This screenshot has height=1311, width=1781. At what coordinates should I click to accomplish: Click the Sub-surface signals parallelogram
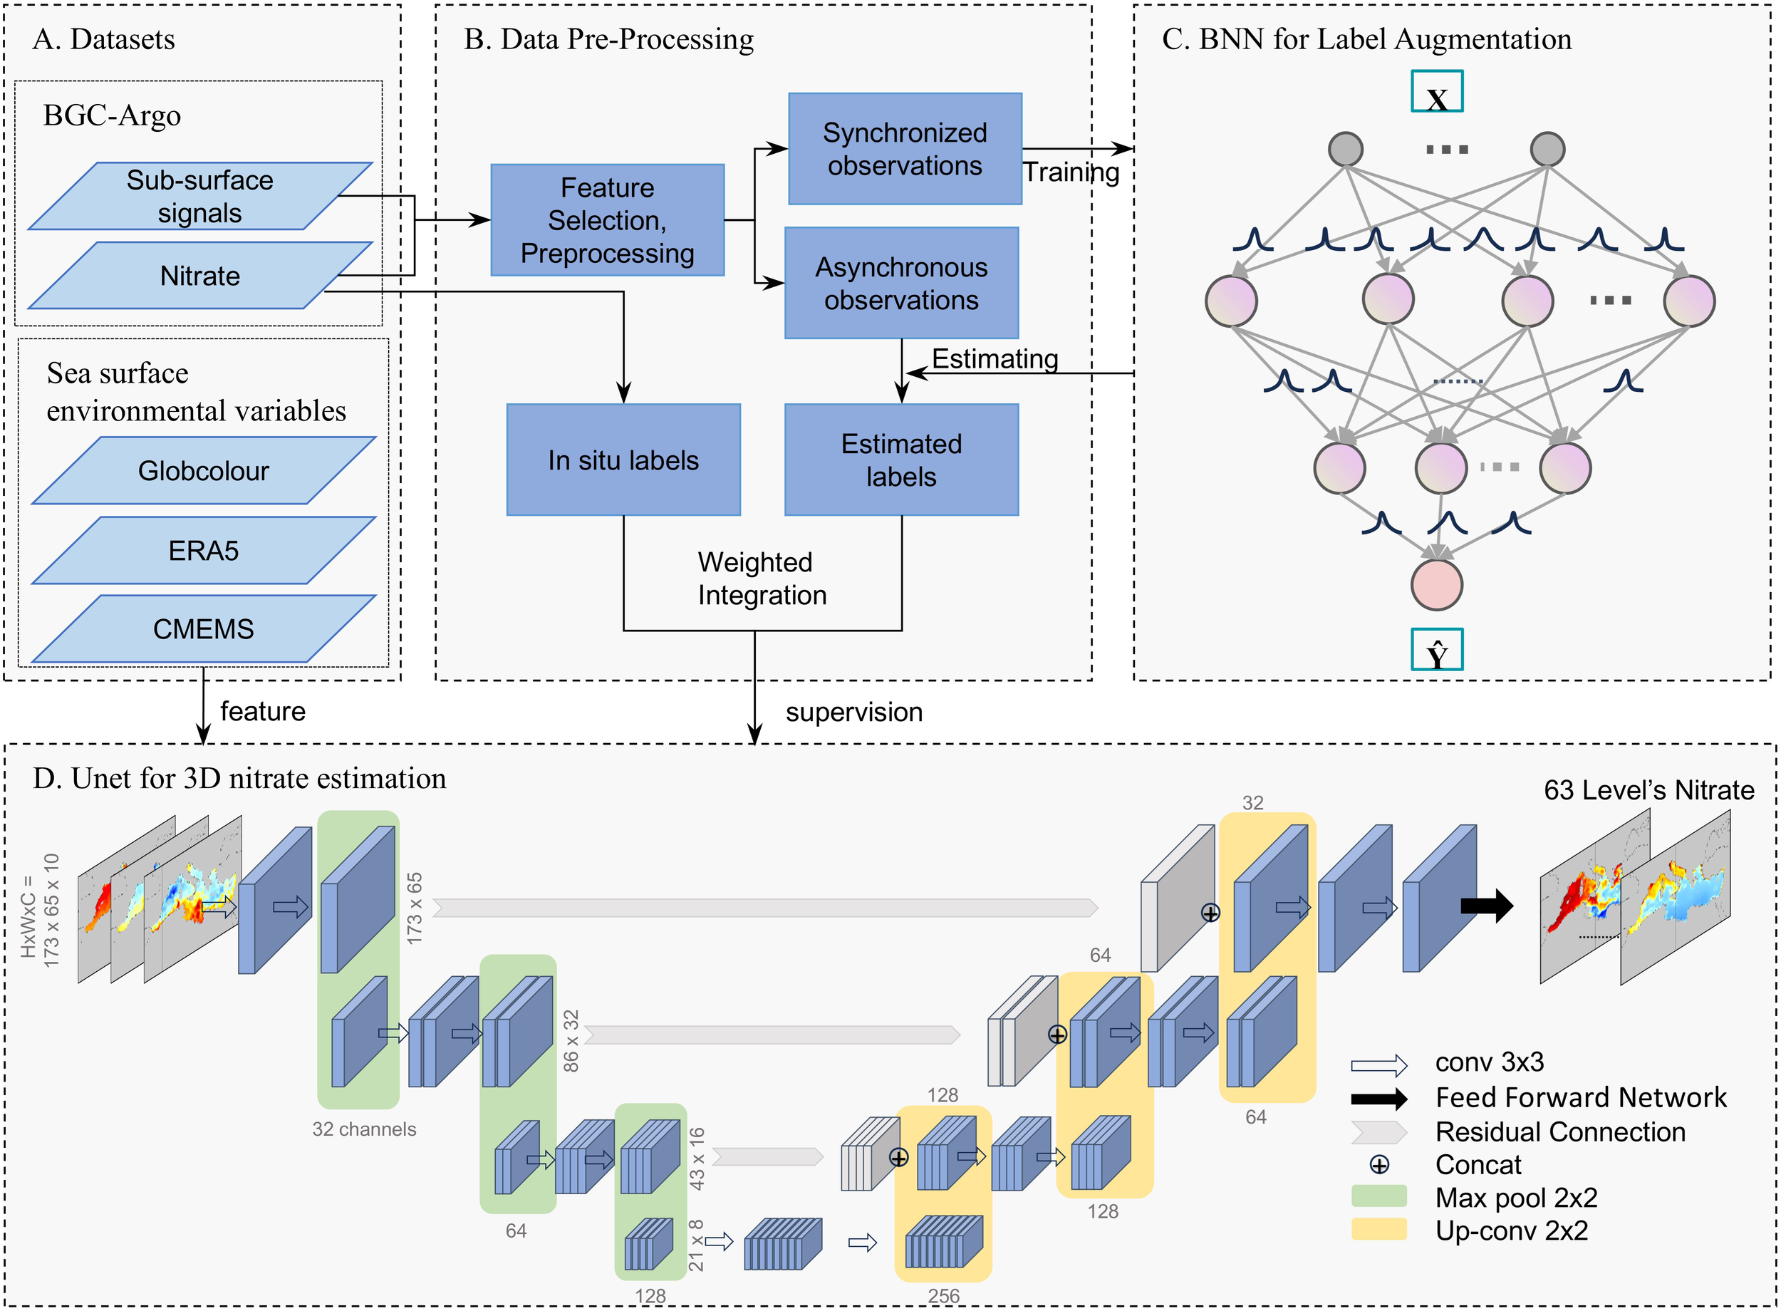coord(200,196)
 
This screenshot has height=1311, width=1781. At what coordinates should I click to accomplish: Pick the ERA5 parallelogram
coord(203,550)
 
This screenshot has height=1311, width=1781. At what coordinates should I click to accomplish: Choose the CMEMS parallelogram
coord(203,628)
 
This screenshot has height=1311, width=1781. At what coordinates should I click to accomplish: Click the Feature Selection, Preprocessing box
coord(607,220)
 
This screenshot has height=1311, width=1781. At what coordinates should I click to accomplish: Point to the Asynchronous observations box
coord(901,284)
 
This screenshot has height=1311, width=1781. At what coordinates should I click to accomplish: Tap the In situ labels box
coord(623,460)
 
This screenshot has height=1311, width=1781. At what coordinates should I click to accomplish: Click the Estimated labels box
coord(901,460)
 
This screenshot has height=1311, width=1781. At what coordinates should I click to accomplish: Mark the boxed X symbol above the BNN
coord(1436,92)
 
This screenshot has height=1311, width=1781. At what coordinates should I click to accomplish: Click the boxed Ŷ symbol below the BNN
coord(1436,650)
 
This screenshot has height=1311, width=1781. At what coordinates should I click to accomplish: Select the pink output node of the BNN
coord(1436,585)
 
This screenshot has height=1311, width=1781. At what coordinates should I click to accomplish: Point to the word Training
coord(1071,172)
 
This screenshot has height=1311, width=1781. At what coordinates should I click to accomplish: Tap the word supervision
coord(853,712)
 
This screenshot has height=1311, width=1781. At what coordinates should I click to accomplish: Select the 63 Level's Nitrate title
coord(1648,789)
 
